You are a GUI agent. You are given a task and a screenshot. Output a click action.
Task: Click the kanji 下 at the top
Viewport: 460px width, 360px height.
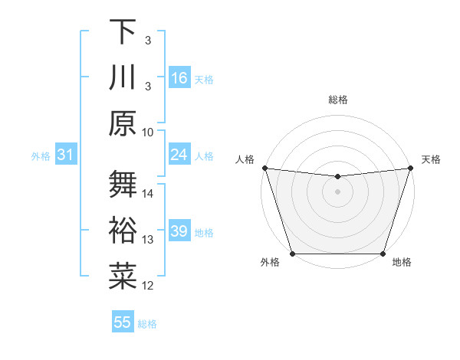[x=123, y=32]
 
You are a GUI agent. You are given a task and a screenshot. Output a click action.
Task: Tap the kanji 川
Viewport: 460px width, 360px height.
[x=123, y=77]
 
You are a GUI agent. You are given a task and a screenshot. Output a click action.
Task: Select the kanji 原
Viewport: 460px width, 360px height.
[x=123, y=123]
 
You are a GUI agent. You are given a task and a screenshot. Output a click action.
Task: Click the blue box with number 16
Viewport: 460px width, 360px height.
[x=179, y=78]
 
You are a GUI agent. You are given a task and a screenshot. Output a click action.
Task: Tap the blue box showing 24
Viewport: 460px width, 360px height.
[x=179, y=155]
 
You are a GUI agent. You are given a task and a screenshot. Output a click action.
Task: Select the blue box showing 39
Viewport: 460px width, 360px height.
[x=179, y=232]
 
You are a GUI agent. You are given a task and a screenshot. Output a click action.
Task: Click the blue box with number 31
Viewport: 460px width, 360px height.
[x=65, y=155]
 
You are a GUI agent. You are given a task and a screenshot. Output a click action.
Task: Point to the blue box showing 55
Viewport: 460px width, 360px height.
[x=123, y=322]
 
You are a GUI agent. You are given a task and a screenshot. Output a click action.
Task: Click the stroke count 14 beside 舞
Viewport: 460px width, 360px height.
[x=148, y=194]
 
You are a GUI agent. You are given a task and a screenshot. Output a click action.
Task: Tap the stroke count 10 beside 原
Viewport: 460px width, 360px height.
[x=148, y=131]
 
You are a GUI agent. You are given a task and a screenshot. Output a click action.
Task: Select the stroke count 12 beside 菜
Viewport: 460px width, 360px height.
[x=148, y=286]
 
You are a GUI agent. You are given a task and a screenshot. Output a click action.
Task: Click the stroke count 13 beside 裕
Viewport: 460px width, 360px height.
[x=148, y=240]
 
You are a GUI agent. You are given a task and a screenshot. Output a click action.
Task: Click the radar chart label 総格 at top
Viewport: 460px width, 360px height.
[x=338, y=100]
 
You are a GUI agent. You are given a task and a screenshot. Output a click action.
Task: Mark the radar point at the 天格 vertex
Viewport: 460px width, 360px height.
[x=410, y=169]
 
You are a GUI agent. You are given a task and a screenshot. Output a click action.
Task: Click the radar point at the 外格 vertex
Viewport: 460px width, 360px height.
[x=293, y=254]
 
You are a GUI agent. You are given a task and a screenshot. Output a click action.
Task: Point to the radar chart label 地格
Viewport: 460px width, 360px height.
[x=402, y=262]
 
